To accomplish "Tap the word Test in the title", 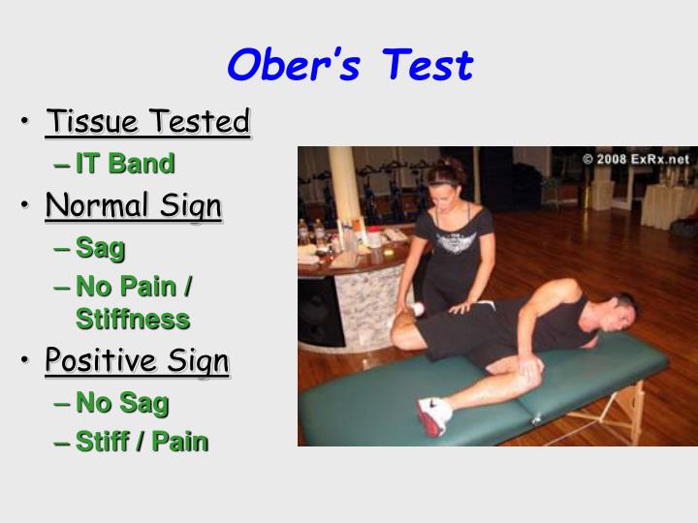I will click(427, 66).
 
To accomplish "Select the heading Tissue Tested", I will click(148, 123).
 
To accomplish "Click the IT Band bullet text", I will click(125, 164).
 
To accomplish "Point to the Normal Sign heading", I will click(134, 206).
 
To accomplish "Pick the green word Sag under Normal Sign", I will click(101, 248).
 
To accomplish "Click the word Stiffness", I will click(133, 319).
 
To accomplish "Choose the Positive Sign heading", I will click(137, 361).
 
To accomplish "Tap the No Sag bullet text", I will click(122, 402).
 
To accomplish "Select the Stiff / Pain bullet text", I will click(142, 442).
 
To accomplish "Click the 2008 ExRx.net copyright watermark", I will click(636, 159).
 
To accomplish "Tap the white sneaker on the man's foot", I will click(433, 415).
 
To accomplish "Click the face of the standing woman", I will click(448, 188).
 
